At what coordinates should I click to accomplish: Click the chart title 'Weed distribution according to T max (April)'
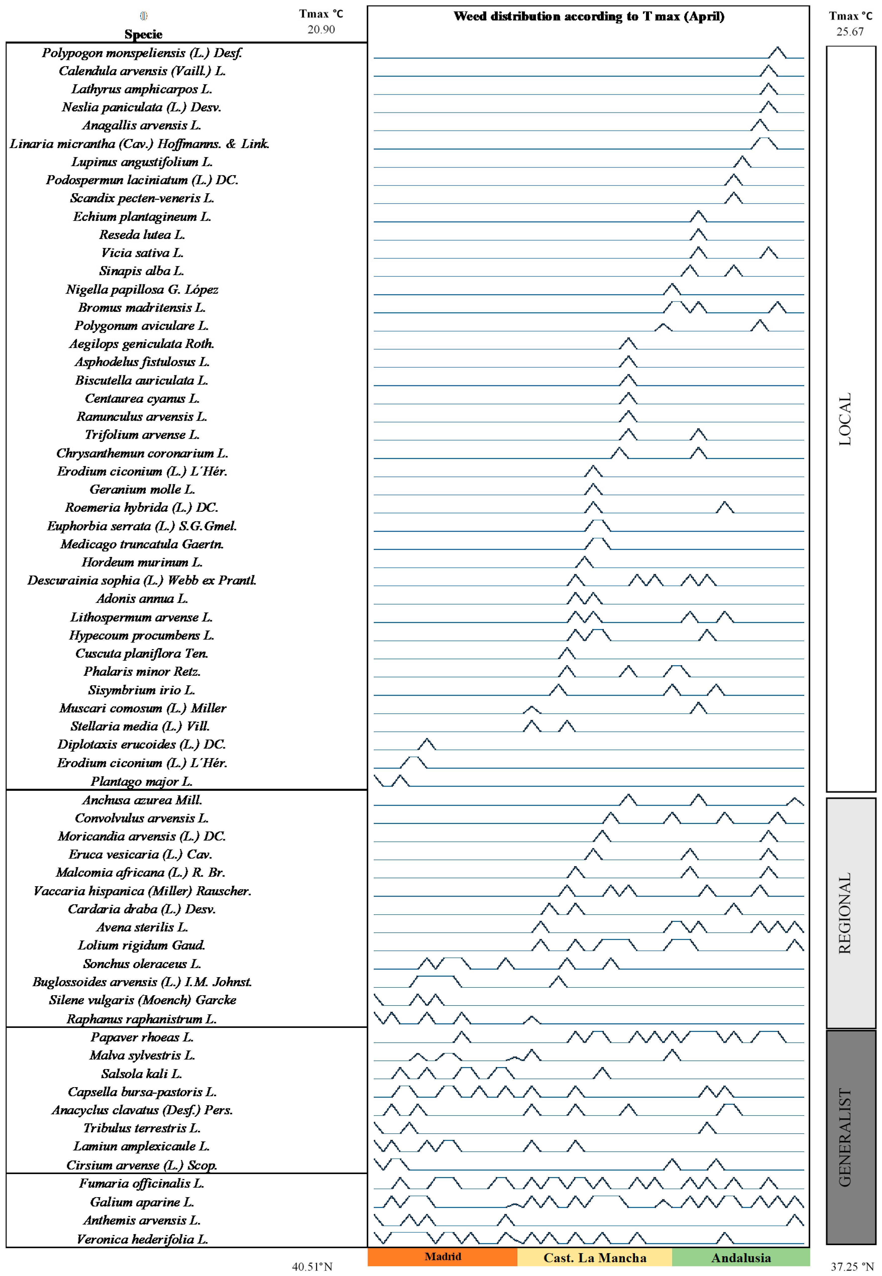[589, 16]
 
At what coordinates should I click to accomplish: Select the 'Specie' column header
[143, 34]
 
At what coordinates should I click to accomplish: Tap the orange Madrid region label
[443, 1256]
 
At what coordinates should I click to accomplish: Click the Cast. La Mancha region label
[595, 1257]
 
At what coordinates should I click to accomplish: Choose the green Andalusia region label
[741, 1257]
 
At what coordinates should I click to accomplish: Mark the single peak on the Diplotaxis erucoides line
[426, 739]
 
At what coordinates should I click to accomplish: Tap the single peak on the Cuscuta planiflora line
[566, 648]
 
